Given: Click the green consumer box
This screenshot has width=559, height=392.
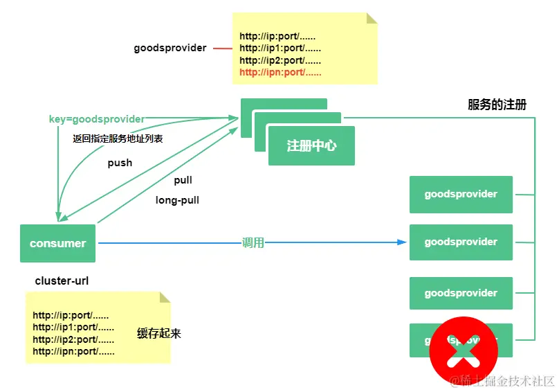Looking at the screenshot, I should coord(57,243).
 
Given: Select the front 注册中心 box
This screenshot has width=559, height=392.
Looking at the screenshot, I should coord(311,146).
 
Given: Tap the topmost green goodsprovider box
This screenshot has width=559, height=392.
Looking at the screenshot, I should coord(461,194).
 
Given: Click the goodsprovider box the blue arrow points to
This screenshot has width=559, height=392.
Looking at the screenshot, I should coord(461,242).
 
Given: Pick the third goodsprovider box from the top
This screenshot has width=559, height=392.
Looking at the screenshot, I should coord(461,293).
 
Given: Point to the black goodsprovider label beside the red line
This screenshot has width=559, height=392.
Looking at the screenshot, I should coord(170,48).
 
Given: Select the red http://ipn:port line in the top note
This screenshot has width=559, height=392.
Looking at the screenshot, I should coord(280,72).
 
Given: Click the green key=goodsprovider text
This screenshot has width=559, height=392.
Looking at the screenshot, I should coord(97,119).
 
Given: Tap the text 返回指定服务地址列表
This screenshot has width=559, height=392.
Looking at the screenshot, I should coord(118,139).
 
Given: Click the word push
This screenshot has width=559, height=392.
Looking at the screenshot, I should coord(120,163).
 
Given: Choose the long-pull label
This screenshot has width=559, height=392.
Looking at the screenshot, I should coord(177,201).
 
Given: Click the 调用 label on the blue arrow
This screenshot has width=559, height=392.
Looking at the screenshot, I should coord(253,243).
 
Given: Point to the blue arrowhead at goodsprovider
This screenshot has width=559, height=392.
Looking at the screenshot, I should coord(402,242).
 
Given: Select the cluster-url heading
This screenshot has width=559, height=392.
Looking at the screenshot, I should coord(62,281).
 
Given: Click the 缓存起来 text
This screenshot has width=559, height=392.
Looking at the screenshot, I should coord(159,333).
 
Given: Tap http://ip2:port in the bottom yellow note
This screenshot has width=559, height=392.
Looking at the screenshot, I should coord(73,339).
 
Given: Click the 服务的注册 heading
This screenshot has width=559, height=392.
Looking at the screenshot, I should coord(497,105).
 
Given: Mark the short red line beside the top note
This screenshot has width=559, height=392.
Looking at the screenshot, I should coord(222,48).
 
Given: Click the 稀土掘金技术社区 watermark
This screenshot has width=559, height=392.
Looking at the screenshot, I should coord(502,380).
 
